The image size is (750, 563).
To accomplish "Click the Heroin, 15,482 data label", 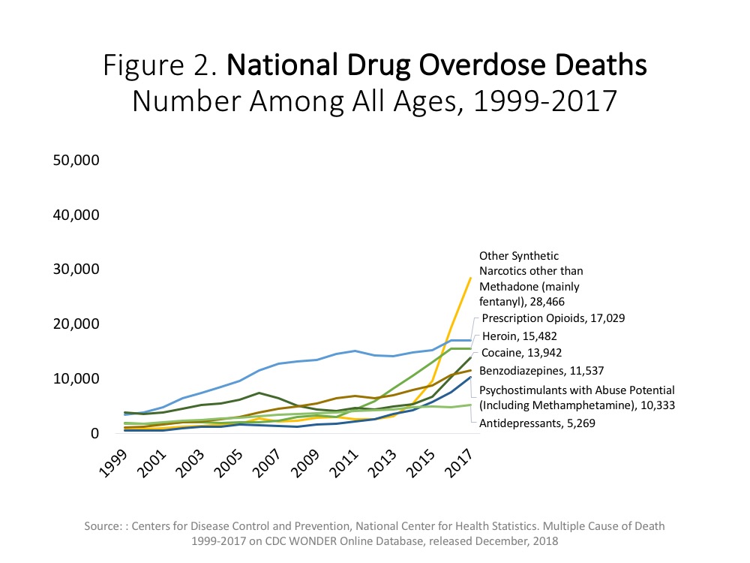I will click(519, 336).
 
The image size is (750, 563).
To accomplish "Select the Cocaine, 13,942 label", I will click(521, 353).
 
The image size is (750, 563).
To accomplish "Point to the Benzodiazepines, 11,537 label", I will click(541, 370).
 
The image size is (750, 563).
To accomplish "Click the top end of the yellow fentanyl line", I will click(471, 278).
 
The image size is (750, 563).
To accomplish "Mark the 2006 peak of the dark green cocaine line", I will click(258, 393).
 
